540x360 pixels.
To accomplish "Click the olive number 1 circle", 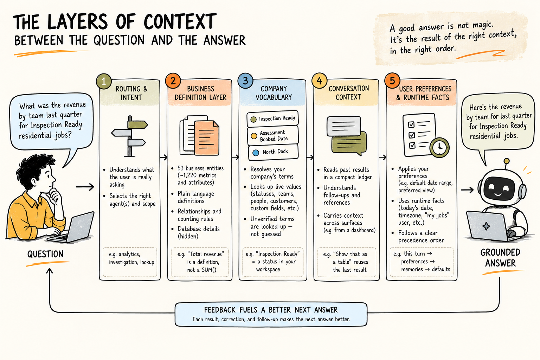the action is tap(104, 81).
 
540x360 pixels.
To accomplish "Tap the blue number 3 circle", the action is tap(245, 81).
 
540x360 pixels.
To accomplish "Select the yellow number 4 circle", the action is tap(320, 81).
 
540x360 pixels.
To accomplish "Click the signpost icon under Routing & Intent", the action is tap(130, 136).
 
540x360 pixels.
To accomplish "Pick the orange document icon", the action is tap(206, 137).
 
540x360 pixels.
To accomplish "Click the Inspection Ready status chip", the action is tap(273, 118).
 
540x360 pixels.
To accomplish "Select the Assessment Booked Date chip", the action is tap(273, 136).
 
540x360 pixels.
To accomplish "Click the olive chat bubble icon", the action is tap(349, 143).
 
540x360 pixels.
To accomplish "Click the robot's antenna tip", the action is tap(507, 161).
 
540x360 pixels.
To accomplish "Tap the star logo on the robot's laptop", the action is tap(486, 226).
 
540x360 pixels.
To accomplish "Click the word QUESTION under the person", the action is tap(45, 254).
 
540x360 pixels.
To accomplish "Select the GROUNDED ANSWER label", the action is tap(501, 258).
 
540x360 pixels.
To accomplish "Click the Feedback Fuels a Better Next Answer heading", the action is tap(271, 310).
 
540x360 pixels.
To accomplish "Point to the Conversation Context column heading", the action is tap(349, 92).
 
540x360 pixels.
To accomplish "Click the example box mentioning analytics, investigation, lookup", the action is tap(130, 262).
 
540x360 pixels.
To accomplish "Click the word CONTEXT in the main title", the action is tap(180, 22).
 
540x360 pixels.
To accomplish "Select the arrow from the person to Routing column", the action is tap(85, 187).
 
